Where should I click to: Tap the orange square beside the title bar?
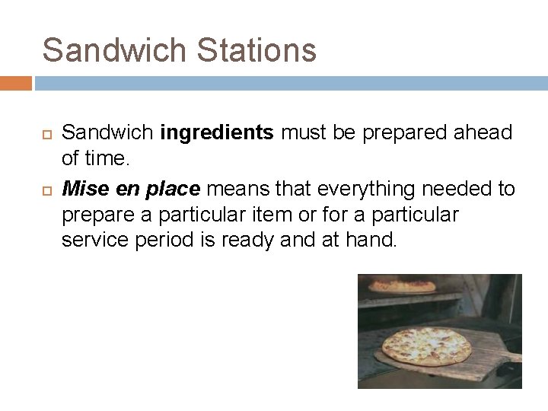coord(15,82)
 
